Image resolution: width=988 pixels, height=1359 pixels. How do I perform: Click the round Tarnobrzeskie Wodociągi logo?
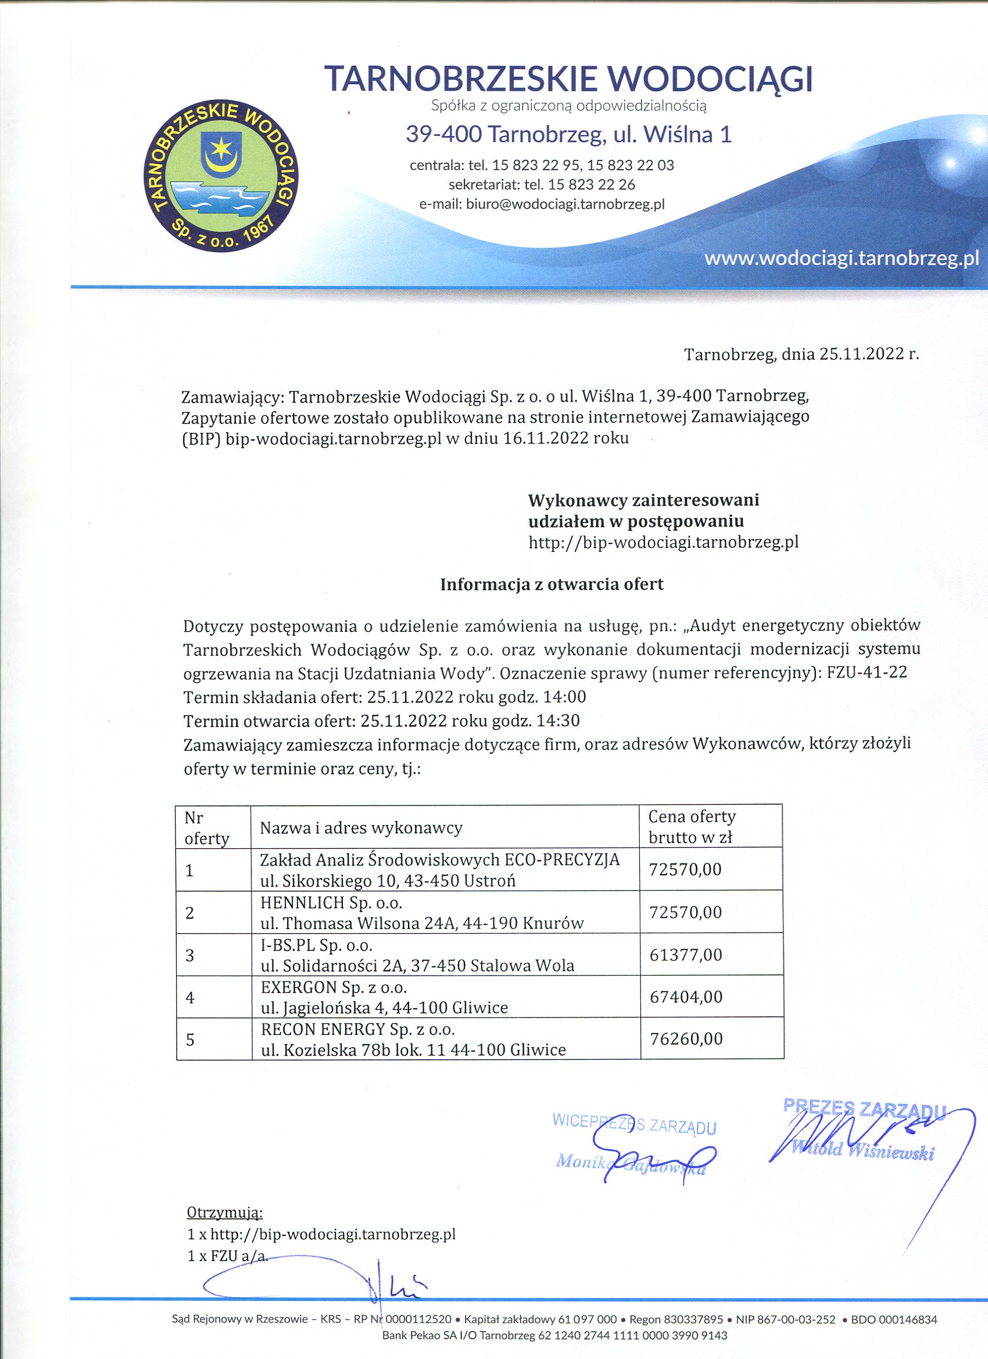(221, 175)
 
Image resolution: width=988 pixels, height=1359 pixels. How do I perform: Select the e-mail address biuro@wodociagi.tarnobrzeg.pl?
(565, 204)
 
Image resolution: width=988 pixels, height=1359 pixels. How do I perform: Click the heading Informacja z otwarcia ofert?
(552, 585)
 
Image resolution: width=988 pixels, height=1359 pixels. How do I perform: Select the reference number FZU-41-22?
(867, 672)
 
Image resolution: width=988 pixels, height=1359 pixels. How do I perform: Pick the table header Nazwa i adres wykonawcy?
(361, 828)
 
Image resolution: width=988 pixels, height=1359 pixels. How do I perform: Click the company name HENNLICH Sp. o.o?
(331, 902)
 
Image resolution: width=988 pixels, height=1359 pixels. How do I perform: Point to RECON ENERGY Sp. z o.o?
(358, 1030)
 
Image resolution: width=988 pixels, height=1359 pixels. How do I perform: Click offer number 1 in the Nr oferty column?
(189, 870)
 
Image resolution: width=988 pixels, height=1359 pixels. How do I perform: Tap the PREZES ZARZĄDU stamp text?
(864, 1109)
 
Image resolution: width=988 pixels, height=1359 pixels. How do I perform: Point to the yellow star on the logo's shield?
(221, 145)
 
